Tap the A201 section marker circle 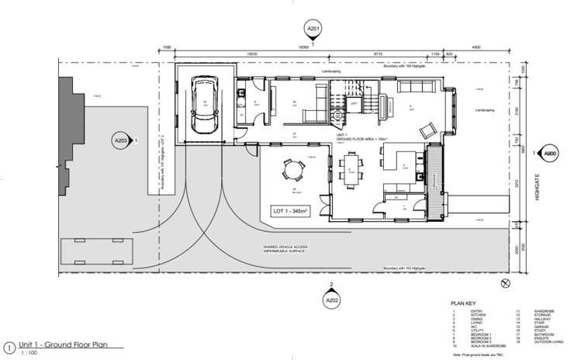[313, 29]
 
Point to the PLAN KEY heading [462, 303]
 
